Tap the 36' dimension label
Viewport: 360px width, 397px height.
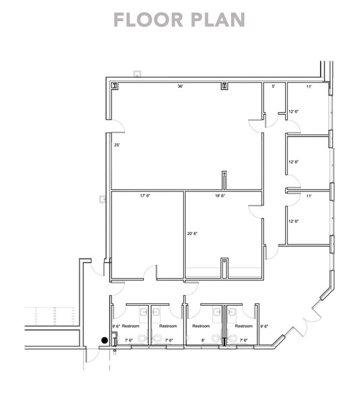click(180, 86)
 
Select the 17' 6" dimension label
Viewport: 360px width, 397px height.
click(144, 196)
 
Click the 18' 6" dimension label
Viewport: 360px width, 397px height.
click(220, 196)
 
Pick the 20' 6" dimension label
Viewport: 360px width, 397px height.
click(192, 234)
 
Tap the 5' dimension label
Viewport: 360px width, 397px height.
click(274, 86)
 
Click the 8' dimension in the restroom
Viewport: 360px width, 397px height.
click(203, 340)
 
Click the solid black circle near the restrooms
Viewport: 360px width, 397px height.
click(104, 340)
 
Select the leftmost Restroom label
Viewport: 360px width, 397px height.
click(130, 326)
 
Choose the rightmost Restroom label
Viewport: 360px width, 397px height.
click(243, 326)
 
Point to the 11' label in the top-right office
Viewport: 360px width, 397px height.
click(309, 86)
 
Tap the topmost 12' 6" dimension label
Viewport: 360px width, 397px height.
click(294, 111)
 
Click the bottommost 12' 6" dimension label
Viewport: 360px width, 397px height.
click(294, 221)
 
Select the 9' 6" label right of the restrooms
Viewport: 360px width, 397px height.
click(265, 326)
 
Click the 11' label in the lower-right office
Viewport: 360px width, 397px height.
click(309, 196)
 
